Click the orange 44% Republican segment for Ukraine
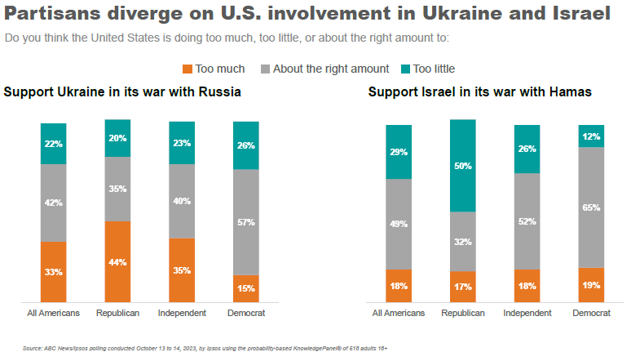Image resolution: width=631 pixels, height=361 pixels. (x=117, y=261)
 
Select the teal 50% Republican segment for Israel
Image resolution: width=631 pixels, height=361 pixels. (x=462, y=166)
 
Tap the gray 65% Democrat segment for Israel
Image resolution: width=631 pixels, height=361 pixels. (x=591, y=207)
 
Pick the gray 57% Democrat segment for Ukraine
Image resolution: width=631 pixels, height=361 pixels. (x=246, y=222)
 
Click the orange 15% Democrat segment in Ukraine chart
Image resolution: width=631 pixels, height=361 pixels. (x=246, y=288)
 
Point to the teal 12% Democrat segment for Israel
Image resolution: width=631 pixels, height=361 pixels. (x=591, y=136)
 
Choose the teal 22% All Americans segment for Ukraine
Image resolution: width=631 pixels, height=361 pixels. (x=54, y=144)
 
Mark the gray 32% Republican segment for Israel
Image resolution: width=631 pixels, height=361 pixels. (x=462, y=241)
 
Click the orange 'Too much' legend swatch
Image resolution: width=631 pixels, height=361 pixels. (x=187, y=69)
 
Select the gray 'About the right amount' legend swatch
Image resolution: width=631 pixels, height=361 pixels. (x=265, y=69)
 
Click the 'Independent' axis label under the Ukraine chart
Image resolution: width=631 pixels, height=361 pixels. (x=182, y=313)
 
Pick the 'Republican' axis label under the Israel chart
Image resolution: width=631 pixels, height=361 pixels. (x=462, y=313)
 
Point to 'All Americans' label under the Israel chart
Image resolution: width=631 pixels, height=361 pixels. (x=399, y=313)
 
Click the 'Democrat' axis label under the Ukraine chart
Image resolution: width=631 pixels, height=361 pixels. (x=246, y=313)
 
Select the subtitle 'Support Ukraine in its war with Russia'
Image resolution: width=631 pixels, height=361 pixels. (x=122, y=91)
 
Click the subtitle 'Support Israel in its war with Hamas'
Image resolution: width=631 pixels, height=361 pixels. (x=479, y=91)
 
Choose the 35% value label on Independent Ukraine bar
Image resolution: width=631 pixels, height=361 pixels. (x=182, y=271)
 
